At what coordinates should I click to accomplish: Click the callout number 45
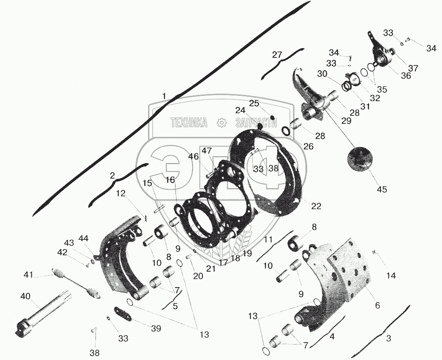pos(382,189)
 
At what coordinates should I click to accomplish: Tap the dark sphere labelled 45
pos(361,159)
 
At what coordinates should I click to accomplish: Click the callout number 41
pos(28,275)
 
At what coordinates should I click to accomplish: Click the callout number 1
pos(164,96)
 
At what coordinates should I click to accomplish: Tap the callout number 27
pos(277,55)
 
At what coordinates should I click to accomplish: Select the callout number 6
pos(377,305)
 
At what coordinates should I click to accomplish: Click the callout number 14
pos(391,276)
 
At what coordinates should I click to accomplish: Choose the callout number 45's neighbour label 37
pos(413,68)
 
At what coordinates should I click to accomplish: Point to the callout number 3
pos(389,339)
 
